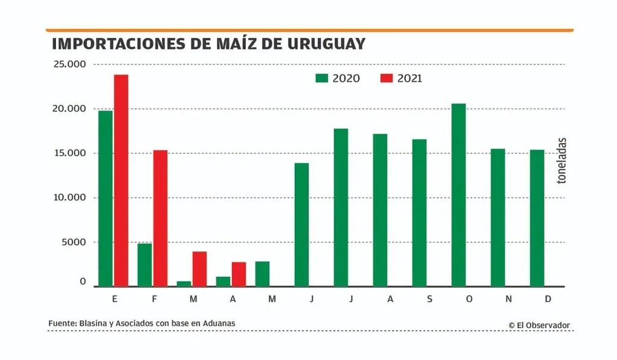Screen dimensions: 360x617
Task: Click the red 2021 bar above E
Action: tap(121, 180)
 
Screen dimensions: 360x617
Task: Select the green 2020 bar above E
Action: tap(105, 198)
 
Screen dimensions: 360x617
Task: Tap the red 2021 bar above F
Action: tap(160, 218)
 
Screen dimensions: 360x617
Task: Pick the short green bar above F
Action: tap(145, 265)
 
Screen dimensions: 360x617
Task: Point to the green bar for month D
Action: tap(537, 218)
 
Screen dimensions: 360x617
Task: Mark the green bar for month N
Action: tap(498, 218)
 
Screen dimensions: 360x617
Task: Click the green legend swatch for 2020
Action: tap(322, 78)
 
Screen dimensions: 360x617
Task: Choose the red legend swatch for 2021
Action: tap(386, 78)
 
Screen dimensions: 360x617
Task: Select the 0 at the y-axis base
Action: tap(83, 282)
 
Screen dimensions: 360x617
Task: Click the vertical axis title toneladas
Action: tap(561, 161)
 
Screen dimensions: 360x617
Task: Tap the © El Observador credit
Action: tap(539, 325)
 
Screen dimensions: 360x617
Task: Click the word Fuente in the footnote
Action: tap(62, 324)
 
